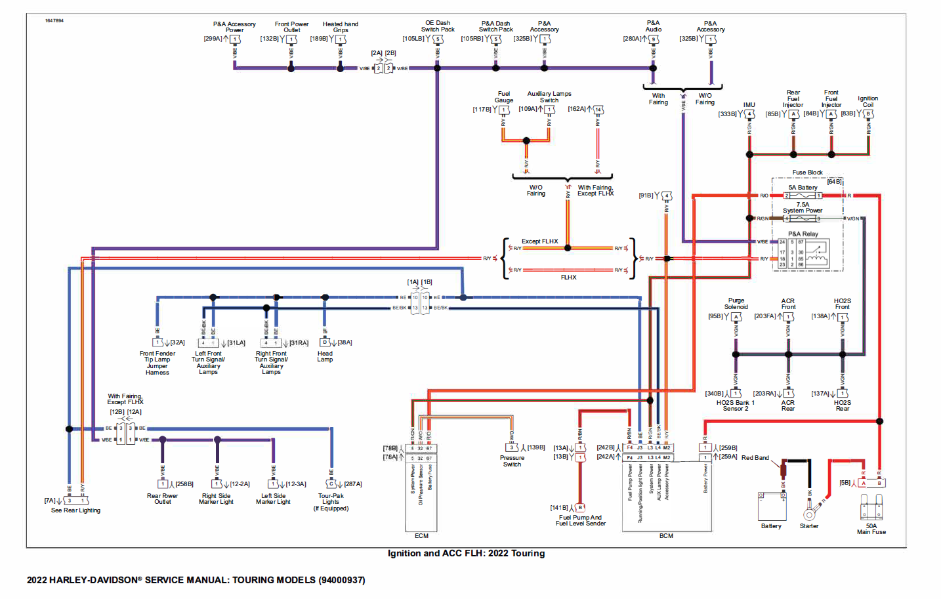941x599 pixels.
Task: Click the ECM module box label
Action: pos(421,536)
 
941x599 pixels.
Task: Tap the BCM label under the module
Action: pos(666,536)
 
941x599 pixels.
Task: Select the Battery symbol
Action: pos(772,506)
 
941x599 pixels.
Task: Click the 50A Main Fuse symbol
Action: pos(871,508)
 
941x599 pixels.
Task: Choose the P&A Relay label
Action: pos(803,234)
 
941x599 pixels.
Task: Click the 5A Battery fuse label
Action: pos(803,188)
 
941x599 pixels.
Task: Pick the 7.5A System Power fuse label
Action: pos(802,207)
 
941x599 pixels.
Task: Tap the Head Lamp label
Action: pos(325,356)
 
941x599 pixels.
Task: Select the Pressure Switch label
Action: pos(512,461)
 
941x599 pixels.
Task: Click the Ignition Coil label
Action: pos(868,101)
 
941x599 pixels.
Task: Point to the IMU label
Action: pos(749,105)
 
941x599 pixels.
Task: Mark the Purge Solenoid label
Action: pos(736,303)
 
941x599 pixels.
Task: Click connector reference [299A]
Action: pos(213,39)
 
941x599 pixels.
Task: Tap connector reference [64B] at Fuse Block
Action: pos(834,182)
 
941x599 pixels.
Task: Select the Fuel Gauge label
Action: pos(503,97)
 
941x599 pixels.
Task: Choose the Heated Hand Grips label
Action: pos(340,27)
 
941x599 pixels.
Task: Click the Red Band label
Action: pos(755,458)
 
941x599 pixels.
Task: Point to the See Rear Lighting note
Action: pos(75,510)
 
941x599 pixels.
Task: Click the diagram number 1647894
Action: pos(54,21)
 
